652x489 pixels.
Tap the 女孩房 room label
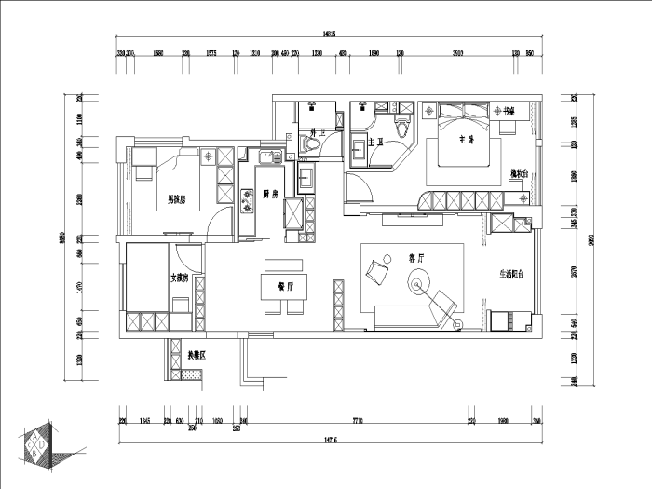click(x=180, y=277)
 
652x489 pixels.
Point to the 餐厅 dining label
click(x=286, y=285)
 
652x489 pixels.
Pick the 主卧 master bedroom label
click(x=467, y=140)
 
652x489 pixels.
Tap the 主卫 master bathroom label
click(x=376, y=143)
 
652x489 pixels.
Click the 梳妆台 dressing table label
click(x=520, y=173)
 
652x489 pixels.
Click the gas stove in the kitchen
click(x=249, y=197)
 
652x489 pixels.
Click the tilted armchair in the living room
click(x=378, y=270)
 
